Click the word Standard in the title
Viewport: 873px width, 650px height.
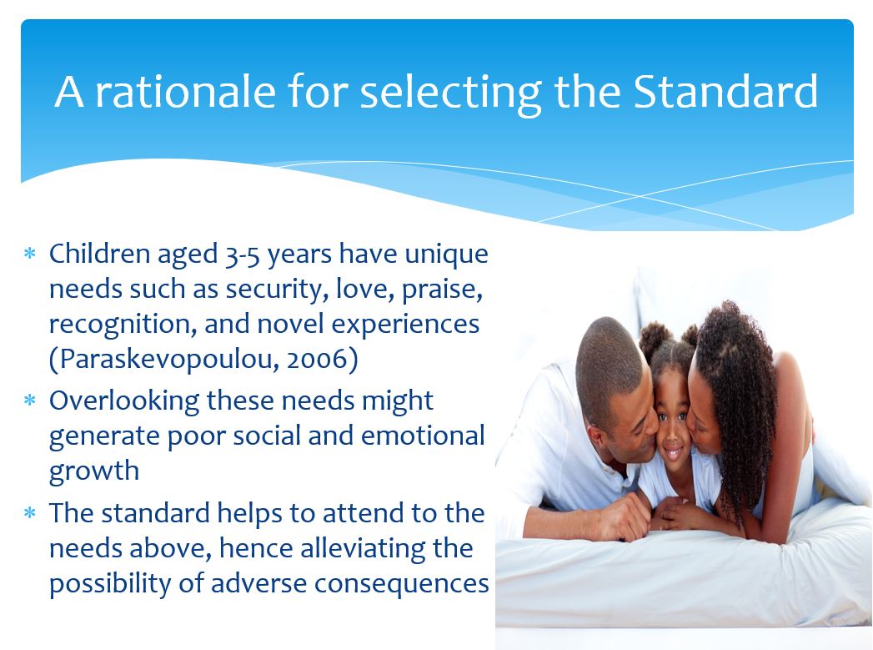coord(726,91)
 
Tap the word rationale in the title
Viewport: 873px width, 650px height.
coord(185,91)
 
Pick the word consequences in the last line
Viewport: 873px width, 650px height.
coord(401,584)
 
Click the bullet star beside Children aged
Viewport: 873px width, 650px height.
coord(30,254)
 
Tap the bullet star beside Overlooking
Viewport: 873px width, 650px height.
coord(30,401)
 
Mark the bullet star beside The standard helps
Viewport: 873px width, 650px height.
coord(30,513)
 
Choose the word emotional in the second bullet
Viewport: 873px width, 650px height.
coord(423,436)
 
